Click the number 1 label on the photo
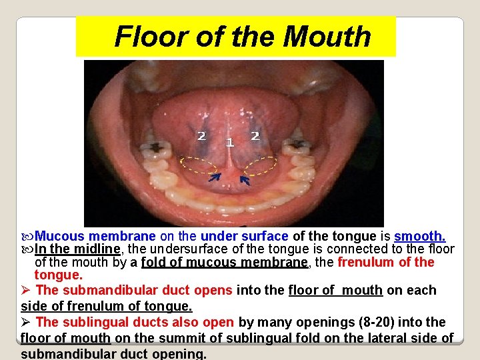(x=229, y=142)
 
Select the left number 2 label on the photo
(x=201, y=136)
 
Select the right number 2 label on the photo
(x=254, y=136)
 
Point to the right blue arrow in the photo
(x=245, y=179)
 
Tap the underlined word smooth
(x=420, y=236)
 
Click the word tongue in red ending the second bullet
(x=58, y=275)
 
